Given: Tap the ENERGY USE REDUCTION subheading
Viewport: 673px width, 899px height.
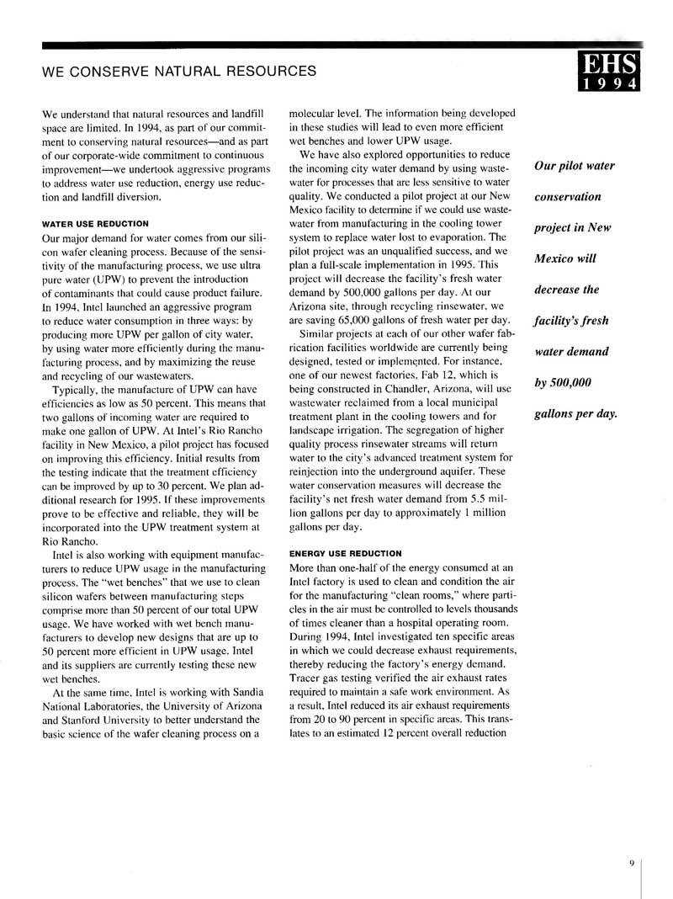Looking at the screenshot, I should (346, 553).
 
